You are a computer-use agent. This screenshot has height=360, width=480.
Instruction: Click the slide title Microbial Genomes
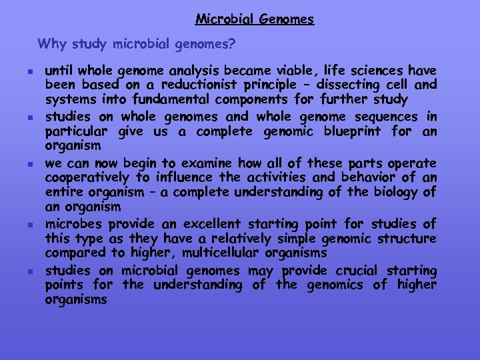tap(254, 19)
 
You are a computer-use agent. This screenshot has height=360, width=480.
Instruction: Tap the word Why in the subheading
tap(51, 45)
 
